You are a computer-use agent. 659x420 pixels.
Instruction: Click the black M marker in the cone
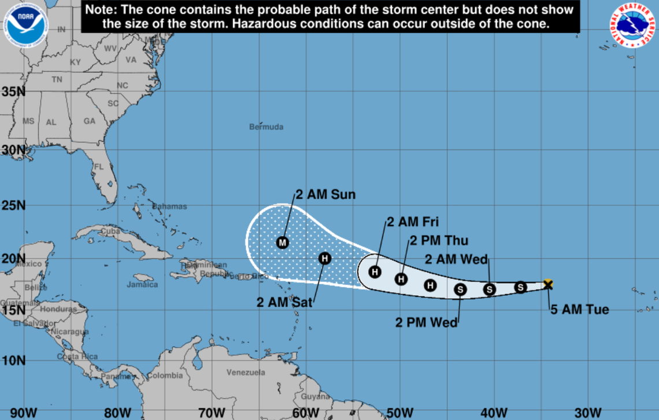tap(282, 242)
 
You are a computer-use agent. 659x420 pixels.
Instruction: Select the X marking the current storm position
tap(548, 284)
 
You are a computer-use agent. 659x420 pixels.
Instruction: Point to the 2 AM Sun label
tap(325, 195)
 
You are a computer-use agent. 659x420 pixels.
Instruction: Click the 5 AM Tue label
tap(579, 310)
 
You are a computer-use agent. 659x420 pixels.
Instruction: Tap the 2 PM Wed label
tap(426, 322)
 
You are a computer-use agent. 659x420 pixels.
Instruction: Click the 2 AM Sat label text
tap(284, 302)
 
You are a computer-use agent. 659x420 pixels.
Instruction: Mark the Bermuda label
tap(266, 127)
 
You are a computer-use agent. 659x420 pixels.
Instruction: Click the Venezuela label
tap(245, 372)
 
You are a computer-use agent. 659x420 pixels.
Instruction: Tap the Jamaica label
tap(142, 284)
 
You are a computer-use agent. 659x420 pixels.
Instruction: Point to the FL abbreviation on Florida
tap(98, 166)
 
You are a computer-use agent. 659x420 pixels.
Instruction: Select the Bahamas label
tap(169, 206)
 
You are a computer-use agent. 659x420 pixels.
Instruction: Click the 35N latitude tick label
tap(13, 91)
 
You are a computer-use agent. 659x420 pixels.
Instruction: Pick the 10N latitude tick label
tap(13, 360)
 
